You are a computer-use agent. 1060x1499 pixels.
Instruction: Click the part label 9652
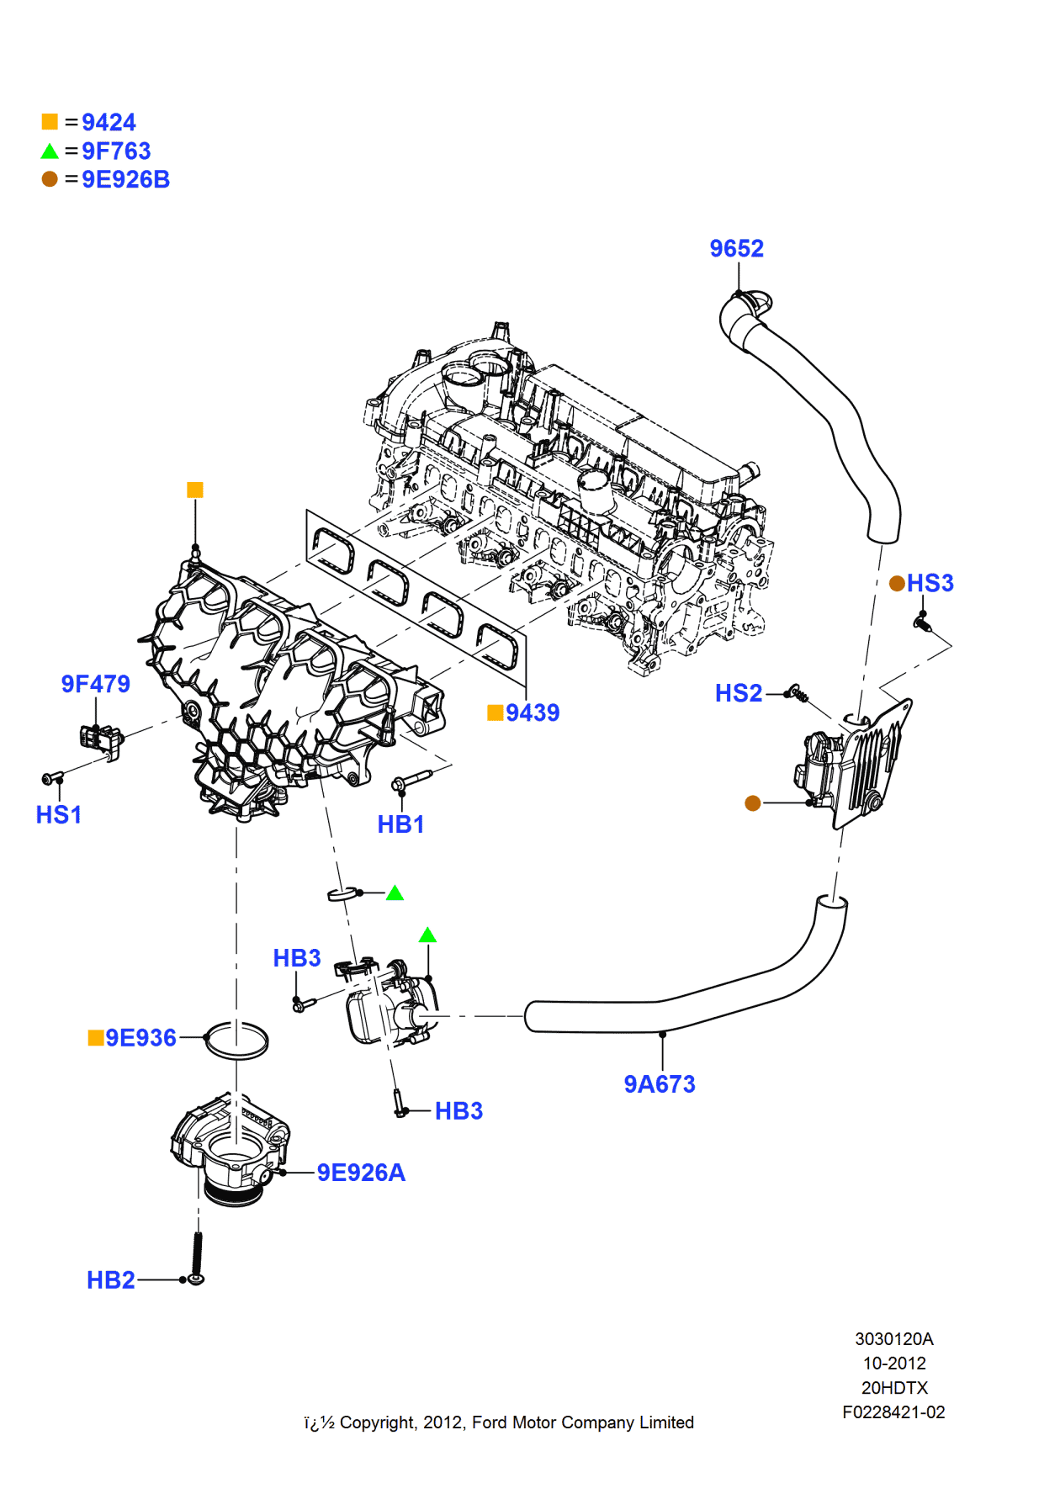[x=736, y=248]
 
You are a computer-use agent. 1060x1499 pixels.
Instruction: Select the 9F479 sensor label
[x=95, y=684]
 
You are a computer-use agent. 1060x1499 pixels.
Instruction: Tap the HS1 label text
[x=58, y=814]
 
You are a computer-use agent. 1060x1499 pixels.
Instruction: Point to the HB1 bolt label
[x=400, y=824]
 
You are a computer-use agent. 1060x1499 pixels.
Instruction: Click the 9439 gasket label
[x=532, y=712]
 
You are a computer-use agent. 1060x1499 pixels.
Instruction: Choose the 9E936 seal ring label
[x=140, y=1037]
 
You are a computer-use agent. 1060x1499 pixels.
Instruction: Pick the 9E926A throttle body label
[x=361, y=1173]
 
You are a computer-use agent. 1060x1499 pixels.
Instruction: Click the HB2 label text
[x=110, y=1279]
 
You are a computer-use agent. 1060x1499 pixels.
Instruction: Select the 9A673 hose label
[x=660, y=1084]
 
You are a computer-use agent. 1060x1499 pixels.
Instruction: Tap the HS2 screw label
[x=738, y=693]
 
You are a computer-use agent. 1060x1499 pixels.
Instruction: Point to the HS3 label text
[x=930, y=583]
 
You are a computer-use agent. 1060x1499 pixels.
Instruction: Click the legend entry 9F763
[x=116, y=151]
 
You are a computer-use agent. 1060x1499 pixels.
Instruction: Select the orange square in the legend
[x=50, y=122]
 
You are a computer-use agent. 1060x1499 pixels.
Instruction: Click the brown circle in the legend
[x=50, y=178]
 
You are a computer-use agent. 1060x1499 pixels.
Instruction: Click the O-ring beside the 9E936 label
[x=236, y=1041]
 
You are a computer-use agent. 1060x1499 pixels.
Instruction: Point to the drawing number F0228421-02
[x=893, y=1412]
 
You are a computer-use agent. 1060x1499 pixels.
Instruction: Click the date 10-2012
[x=893, y=1364]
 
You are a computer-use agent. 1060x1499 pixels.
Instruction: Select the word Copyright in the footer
[x=377, y=1422]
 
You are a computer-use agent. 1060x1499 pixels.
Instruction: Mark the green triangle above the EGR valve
[x=427, y=935]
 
